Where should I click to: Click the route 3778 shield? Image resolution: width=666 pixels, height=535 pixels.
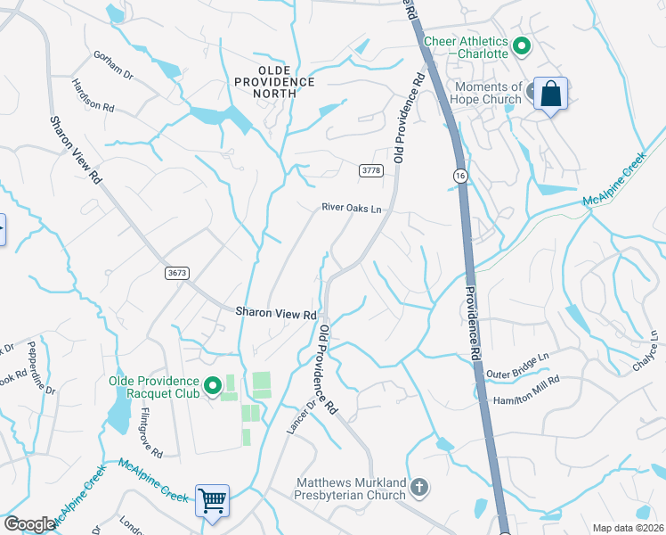pos(371,169)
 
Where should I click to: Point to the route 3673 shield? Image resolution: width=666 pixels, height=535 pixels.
pos(177,275)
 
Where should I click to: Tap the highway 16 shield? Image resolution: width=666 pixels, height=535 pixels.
pos(459,176)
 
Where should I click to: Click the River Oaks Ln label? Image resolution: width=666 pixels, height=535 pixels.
pos(352,210)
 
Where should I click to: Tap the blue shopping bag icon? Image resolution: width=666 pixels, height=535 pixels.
pos(551,94)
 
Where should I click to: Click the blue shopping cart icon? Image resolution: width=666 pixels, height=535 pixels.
pos(213,500)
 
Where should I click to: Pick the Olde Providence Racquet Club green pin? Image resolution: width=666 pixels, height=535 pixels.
pos(213,386)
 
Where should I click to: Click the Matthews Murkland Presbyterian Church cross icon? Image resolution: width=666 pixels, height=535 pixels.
pos(419,487)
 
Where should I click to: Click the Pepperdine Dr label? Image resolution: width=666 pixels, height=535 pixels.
pos(41,368)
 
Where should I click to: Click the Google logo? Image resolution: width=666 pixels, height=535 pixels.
pos(29,524)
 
